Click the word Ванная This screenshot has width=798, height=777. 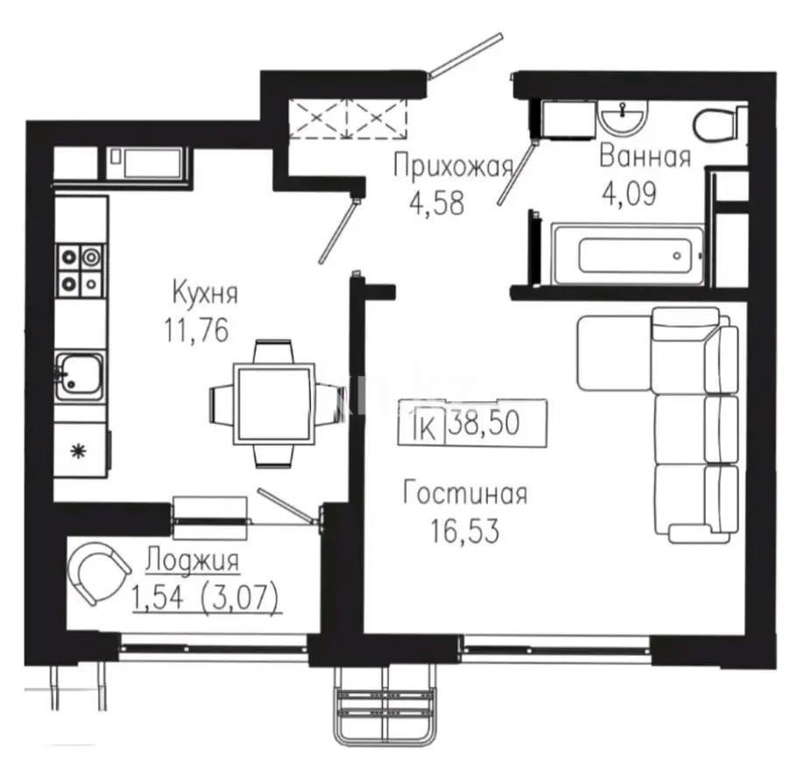tap(645, 158)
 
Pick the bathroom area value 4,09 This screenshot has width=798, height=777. tap(627, 193)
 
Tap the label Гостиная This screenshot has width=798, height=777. tap(464, 494)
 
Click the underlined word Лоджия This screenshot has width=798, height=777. tap(191, 558)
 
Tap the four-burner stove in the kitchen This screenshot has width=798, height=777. tap(80, 268)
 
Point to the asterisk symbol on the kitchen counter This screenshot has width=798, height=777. tap(77, 452)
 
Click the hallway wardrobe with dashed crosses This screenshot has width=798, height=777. tap(350, 117)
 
